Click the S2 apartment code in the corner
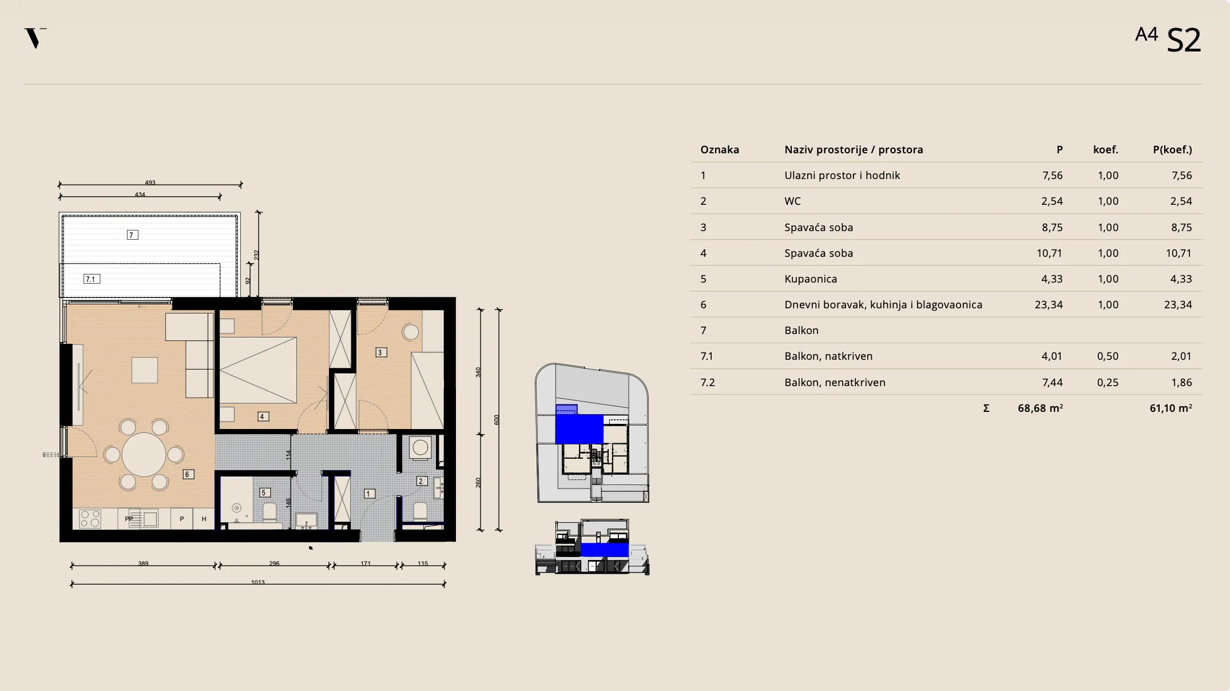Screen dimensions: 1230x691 point(1183,41)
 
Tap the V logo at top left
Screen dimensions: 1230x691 point(35,38)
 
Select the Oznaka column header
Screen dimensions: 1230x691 point(720,150)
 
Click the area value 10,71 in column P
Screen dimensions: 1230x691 point(1049,253)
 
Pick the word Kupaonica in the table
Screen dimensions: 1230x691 point(811,279)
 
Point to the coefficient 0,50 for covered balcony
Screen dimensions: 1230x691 point(1108,356)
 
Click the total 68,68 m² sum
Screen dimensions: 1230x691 point(1040,408)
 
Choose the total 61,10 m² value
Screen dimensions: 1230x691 point(1171,408)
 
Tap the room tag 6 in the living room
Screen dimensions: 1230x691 point(188,474)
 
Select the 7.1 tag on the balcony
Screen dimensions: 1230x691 point(92,279)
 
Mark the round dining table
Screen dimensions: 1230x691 point(144,455)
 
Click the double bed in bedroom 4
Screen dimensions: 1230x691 point(258,370)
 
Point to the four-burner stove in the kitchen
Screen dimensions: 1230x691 point(90,519)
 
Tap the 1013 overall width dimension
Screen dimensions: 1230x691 point(258,582)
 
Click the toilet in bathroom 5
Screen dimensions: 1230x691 point(269,512)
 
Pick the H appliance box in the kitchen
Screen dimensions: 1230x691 point(204,519)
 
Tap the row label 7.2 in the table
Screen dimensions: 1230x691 point(708,383)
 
